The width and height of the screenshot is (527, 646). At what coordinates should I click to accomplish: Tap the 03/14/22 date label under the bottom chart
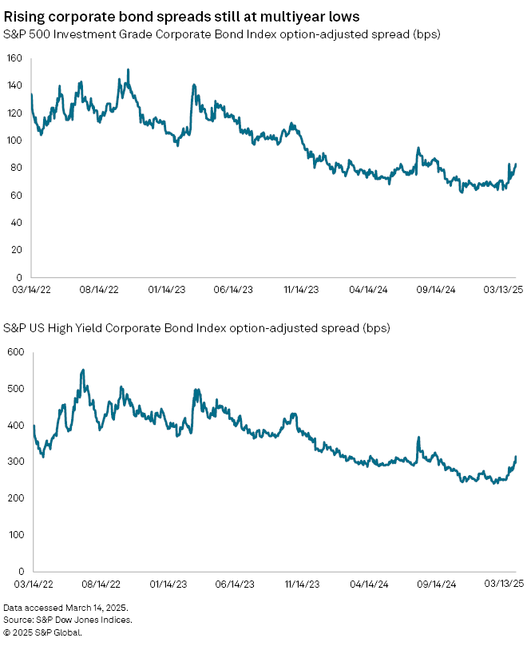click(x=23, y=585)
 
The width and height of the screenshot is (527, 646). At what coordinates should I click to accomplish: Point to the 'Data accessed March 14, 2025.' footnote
click(x=65, y=608)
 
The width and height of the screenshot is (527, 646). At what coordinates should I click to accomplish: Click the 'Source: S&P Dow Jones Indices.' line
click(x=67, y=620)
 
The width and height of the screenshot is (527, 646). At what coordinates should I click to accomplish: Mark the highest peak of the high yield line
click(x=83, y=371)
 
